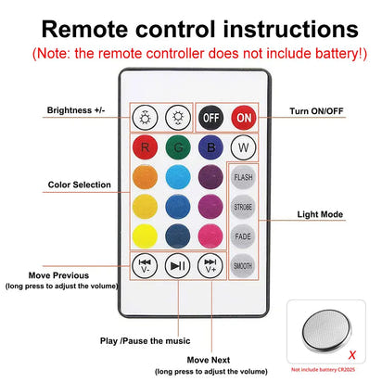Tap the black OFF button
[x=210, y=119]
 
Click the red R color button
[x=144, y=146]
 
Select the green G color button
[x=177, y=146]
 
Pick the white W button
[x=242, y=146]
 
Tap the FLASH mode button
[x=242, y=176]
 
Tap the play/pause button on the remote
[x=177, y=265]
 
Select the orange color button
[x=144, y=175]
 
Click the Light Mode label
[x=320, y=214]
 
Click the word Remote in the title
[x=90, y=30]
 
